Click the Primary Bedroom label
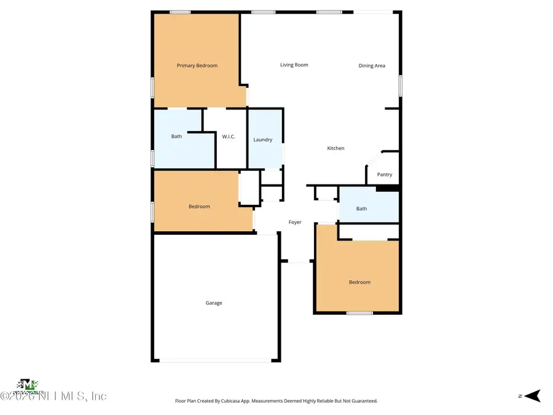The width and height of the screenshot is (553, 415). [197, 66]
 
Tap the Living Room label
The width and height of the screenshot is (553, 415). [294, 65]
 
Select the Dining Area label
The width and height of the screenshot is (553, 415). [372, 66]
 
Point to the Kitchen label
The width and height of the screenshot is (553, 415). [335, 148]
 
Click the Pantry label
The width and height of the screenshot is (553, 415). [385, 175]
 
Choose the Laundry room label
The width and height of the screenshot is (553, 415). [263, 140]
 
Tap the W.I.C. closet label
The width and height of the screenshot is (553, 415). [229, 136]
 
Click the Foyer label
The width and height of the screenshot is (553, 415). [295, 222]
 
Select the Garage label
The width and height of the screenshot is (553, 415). [214, 302]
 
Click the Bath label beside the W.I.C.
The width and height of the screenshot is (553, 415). [176, 136]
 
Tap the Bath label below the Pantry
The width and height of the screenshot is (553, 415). [361, 208]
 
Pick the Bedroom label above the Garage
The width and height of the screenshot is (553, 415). [199, 207]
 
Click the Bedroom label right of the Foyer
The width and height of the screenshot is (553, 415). [359, 282]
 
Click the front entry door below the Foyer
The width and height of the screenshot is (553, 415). [299, 262]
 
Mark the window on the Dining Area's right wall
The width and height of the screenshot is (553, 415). [400, 85]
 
